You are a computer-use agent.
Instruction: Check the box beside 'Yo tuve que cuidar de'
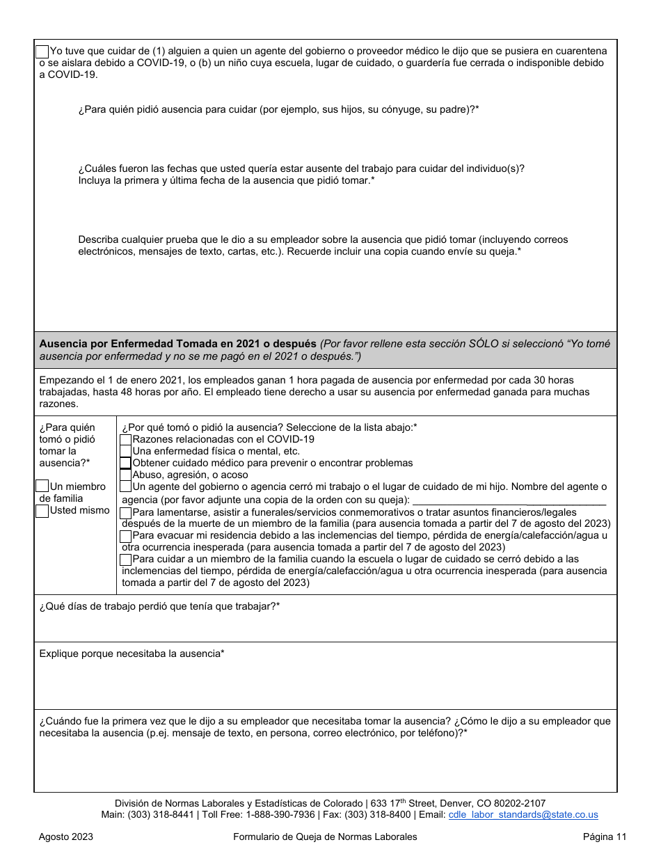[42, 51]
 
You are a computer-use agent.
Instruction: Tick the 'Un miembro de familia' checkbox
[42, 486]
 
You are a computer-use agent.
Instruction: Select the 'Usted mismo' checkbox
[42, 510]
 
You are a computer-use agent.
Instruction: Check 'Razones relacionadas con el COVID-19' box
[126, 440]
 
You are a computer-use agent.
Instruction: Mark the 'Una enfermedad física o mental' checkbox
[126, 452]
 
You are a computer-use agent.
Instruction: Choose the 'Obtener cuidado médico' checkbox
[126, 463]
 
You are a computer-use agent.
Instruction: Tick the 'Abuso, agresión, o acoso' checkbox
[126, 475]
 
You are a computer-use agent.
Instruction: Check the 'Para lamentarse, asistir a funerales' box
[126, 513]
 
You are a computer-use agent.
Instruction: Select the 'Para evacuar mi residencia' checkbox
[126, 536]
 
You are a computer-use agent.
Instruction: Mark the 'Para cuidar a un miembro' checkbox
[126, 560]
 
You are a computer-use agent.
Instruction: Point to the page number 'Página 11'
[605, 837]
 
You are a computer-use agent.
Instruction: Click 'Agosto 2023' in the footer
[66, 837]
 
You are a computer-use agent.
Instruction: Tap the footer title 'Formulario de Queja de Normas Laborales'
[325, 837]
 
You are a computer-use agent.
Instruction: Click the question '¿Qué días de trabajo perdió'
[159, 607]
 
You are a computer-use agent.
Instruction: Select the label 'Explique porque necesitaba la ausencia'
[132, 654]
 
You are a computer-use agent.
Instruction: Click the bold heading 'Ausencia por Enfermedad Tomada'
[177, 344]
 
